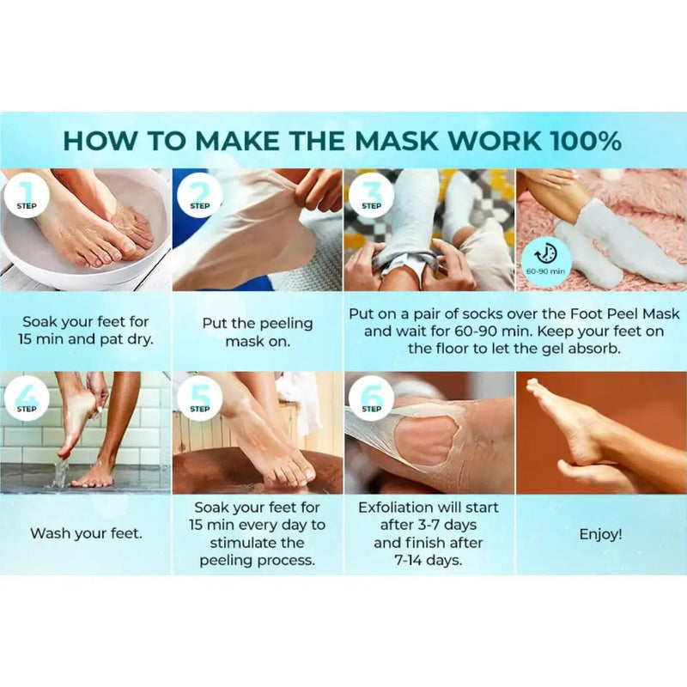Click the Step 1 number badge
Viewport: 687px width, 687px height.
pos(27,197)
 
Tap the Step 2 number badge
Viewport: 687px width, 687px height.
pos(200,197)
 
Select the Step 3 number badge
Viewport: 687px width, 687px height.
pos(371,197)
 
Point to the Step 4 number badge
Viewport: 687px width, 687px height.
pos(27,398)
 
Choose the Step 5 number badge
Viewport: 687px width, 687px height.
pos(200,398)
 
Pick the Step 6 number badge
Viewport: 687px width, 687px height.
pos(371,398)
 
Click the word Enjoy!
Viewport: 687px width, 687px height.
pos(600,534)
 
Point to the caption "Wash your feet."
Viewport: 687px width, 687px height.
pos(87,533)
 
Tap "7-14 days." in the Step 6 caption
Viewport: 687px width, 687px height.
pos(428,561)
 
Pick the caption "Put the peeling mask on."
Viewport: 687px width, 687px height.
pos(258,332)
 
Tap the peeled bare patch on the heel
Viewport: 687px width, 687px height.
pos(426,441)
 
